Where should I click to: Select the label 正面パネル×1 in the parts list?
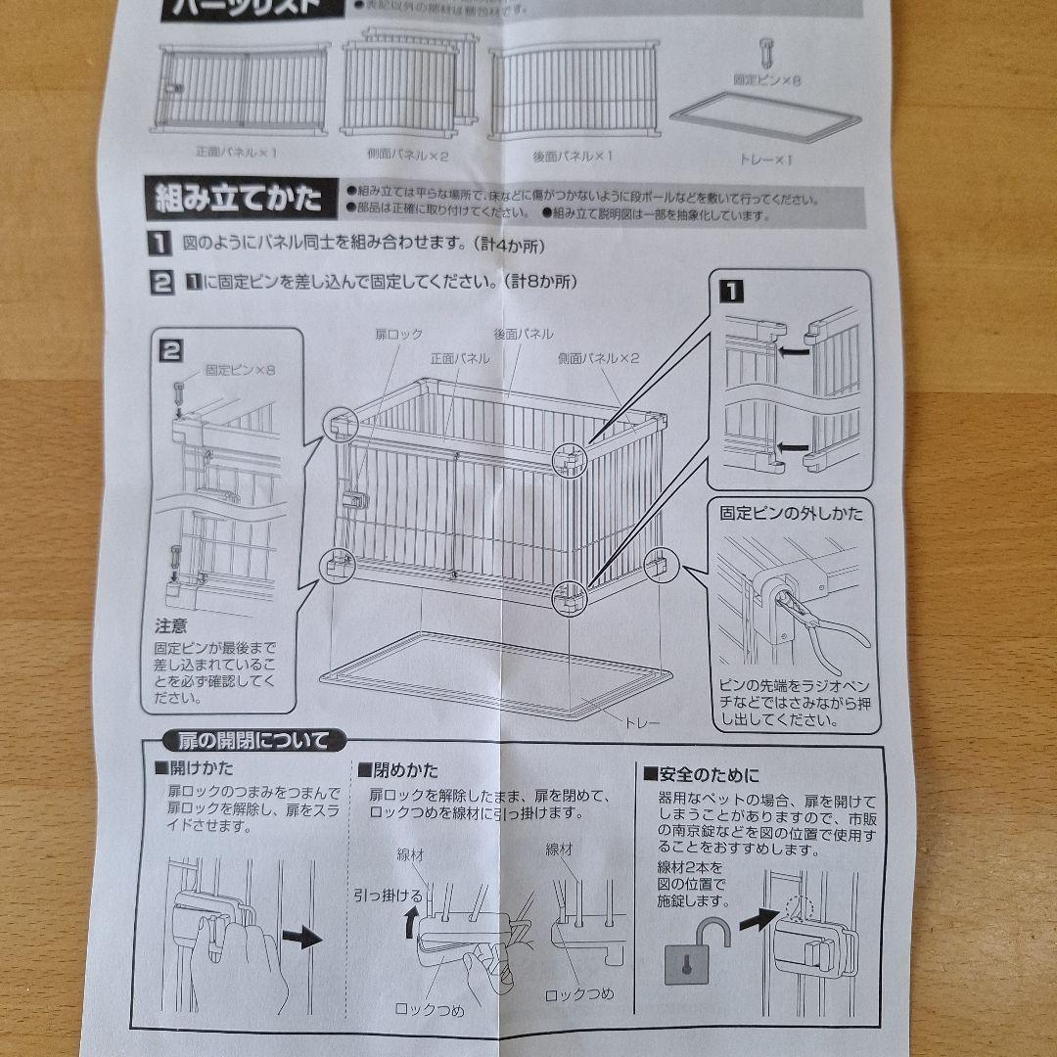coord(237,154)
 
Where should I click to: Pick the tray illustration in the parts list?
coord(765,116)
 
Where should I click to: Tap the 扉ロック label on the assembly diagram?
coord(398,335)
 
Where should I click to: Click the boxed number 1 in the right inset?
coord(731,291)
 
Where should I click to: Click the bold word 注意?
coord(170,624)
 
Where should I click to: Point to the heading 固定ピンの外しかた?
coord(792,513)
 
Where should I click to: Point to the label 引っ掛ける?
coord(388,895)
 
